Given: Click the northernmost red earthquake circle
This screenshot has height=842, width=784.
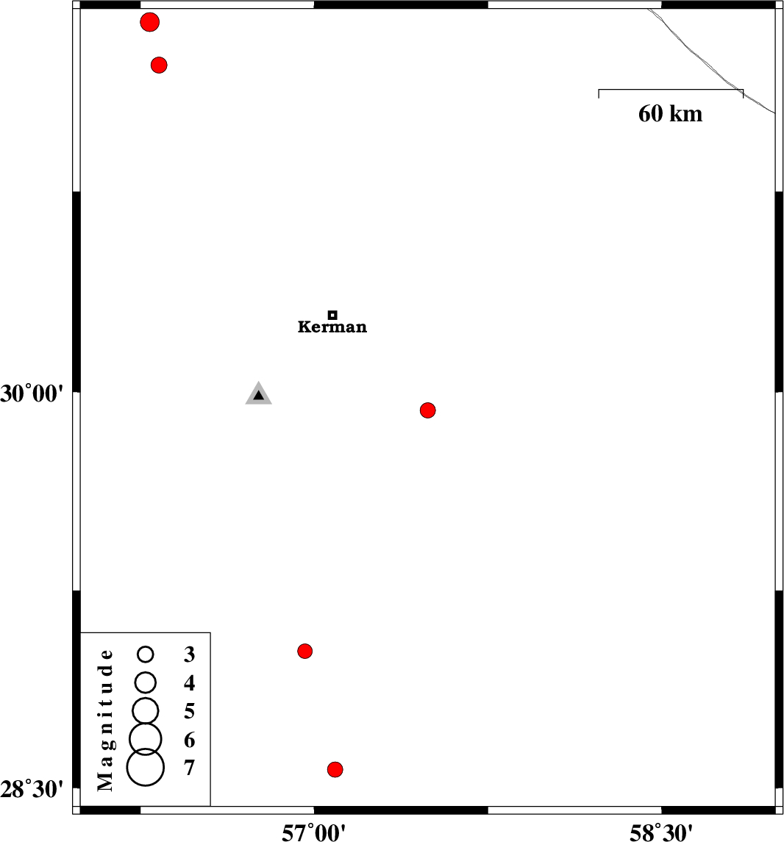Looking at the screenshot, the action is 150,22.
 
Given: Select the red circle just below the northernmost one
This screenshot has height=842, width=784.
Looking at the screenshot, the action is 159,65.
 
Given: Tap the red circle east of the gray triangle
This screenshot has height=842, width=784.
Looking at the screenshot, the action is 427,410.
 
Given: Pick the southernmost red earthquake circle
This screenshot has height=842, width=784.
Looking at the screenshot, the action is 335,769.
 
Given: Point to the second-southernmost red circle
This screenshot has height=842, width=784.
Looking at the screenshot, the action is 305,652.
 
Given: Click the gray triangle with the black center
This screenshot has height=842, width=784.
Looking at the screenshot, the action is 259,394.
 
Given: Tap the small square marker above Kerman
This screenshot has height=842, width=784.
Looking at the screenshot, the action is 332,315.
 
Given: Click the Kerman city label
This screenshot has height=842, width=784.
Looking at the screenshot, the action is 332,327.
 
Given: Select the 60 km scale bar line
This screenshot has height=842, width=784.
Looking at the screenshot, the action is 671,90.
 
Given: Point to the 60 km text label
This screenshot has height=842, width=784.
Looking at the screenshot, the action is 670,114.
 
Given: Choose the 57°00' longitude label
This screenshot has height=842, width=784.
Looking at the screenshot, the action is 313,832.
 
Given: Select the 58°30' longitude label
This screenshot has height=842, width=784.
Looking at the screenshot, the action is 661,832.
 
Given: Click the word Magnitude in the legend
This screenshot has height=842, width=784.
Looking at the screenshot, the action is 106,720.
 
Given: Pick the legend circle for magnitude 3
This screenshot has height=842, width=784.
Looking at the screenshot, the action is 146,654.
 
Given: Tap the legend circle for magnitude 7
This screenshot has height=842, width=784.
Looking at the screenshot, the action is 146,767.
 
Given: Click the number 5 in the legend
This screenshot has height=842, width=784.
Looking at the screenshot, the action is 189,711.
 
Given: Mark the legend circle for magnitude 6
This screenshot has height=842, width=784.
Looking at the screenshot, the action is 146,740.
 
